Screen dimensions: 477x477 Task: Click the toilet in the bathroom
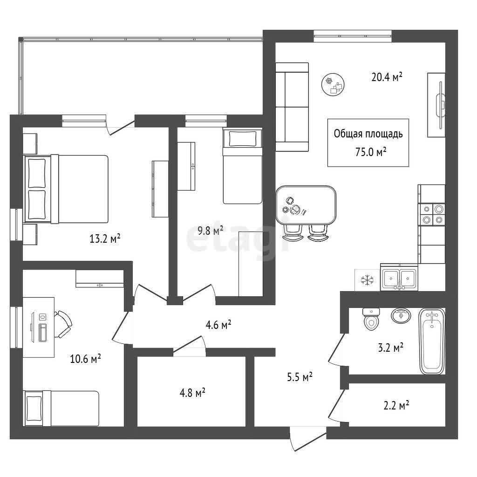371,319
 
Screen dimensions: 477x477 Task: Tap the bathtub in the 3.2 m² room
432,341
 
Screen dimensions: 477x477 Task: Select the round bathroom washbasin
401,315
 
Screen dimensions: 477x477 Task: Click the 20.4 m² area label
387,77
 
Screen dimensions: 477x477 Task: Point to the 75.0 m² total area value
371,151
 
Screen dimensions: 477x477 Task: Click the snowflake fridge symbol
367,280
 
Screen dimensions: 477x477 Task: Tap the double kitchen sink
399,277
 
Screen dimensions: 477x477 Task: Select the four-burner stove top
432,214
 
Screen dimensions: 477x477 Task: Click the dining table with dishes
306,205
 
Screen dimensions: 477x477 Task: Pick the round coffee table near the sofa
333,85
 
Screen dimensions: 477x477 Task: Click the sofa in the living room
292,107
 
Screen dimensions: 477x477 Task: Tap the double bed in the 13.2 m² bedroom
66,189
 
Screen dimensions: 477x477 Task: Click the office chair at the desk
63,324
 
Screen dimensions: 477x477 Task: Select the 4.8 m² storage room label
192,393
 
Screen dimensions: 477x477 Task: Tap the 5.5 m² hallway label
300,377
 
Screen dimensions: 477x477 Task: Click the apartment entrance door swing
307,439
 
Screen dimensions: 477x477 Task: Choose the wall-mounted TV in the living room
440,105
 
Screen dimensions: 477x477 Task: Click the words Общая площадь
368,134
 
